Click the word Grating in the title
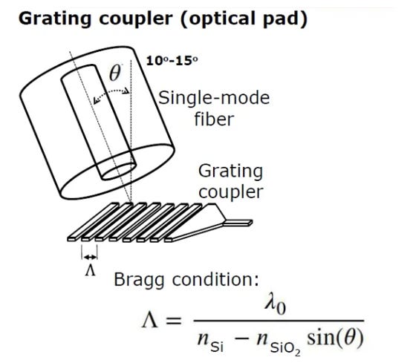pyautogui.click(x=55, y=19)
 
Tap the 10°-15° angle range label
pyautogui.click(x=172, y=61)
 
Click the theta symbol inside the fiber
pyautogui.click(x=115, y=73)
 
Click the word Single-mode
pyautogui.click(x=214, y=98)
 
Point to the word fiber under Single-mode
pyautogui.click(x=214, y=119)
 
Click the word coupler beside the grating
pyautogui.click(x=231, y=192)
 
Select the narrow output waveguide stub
pyautogui.click(x=238, y=223)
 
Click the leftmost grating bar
pyautogui.click(x=93, y=222)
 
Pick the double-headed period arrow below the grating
pyautogui.click(x=90, y=257)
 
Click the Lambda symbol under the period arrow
pyautogui.click(x=90, y=270)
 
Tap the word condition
pyautogui.click(x=215, y=279)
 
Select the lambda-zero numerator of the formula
pyautogui.click(x=276, y=306)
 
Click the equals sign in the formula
pyautogui.click(x=173, y=321)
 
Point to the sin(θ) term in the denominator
pyautogui.click(x=335, y=338)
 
